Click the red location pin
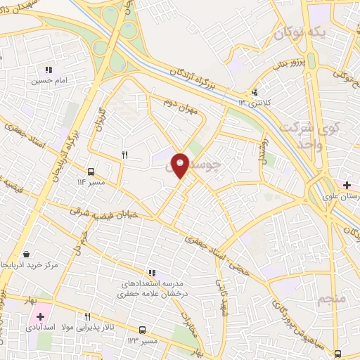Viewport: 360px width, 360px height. click(x=181, y=165)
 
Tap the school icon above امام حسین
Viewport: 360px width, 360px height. click(x=49, y=70)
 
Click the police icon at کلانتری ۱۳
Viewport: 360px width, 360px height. click(x=255, y=91)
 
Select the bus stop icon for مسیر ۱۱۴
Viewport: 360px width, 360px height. click(x=91, y=171)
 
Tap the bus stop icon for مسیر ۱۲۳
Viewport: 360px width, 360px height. click(x=143, y=329)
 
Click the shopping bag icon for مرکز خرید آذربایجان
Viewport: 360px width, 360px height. click(x=26, y=254)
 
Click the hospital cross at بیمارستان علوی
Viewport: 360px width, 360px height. click(x=348, y=185)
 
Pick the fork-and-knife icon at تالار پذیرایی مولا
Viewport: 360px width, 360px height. click(x=88, y=317)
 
